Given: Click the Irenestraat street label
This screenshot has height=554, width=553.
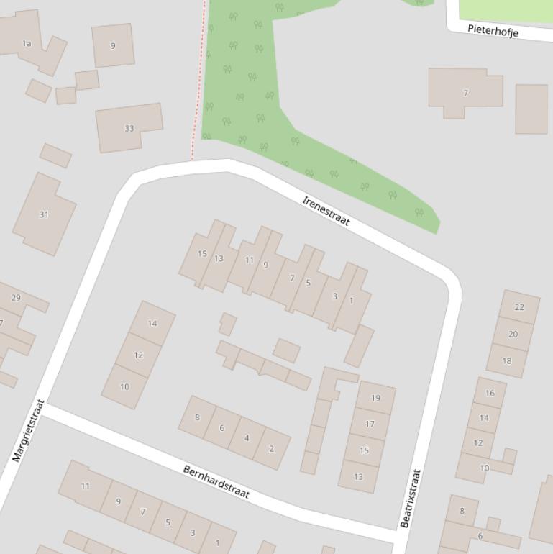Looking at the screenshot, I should tap(326, 211).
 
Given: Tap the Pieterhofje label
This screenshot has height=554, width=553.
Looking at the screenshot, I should tap(493, 31).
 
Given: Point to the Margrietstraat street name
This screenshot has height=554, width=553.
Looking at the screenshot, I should tap(29, 430).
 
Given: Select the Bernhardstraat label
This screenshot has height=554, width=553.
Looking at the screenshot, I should tap(216, 482).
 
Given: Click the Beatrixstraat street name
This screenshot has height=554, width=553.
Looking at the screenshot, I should tap(410, 498).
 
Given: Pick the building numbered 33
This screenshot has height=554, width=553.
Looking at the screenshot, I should tap(129, 128).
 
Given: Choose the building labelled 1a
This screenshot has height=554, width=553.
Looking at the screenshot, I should tap(27, 43).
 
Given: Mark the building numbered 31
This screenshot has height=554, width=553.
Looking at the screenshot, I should tap(44, 214).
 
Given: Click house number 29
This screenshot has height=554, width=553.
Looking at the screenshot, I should tap(16, 297).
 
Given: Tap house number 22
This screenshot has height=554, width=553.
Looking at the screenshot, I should tap(519, 306).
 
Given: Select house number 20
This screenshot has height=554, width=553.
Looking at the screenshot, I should tap(513, 334).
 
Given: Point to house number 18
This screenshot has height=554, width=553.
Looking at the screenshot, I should tap(506, 360).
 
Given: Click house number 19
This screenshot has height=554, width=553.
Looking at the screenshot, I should tap(375, 397).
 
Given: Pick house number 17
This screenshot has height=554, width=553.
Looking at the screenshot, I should tap(370, 424).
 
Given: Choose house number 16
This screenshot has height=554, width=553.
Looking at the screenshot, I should tap(490, 393).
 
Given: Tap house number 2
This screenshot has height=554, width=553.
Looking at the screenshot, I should tap(271, 448).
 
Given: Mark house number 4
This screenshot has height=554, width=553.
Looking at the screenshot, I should tap(247, 437).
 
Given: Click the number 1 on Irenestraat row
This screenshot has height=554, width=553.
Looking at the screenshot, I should tap(351, 301).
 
